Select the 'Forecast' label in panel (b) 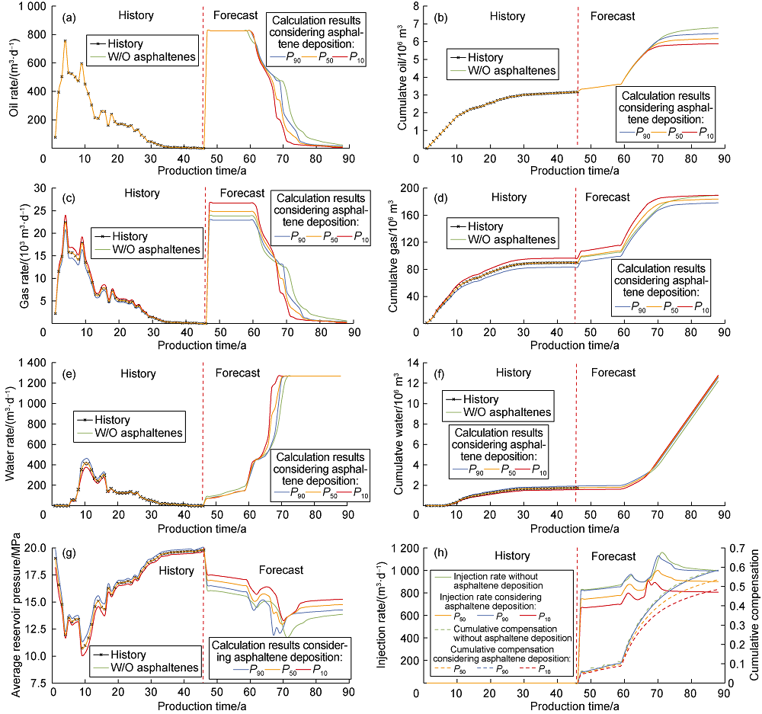(x=608, y=16)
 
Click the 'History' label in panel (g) (x=177, y=570)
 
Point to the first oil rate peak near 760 (x=65, y=40)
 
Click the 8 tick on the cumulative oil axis (x=411, y=6)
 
